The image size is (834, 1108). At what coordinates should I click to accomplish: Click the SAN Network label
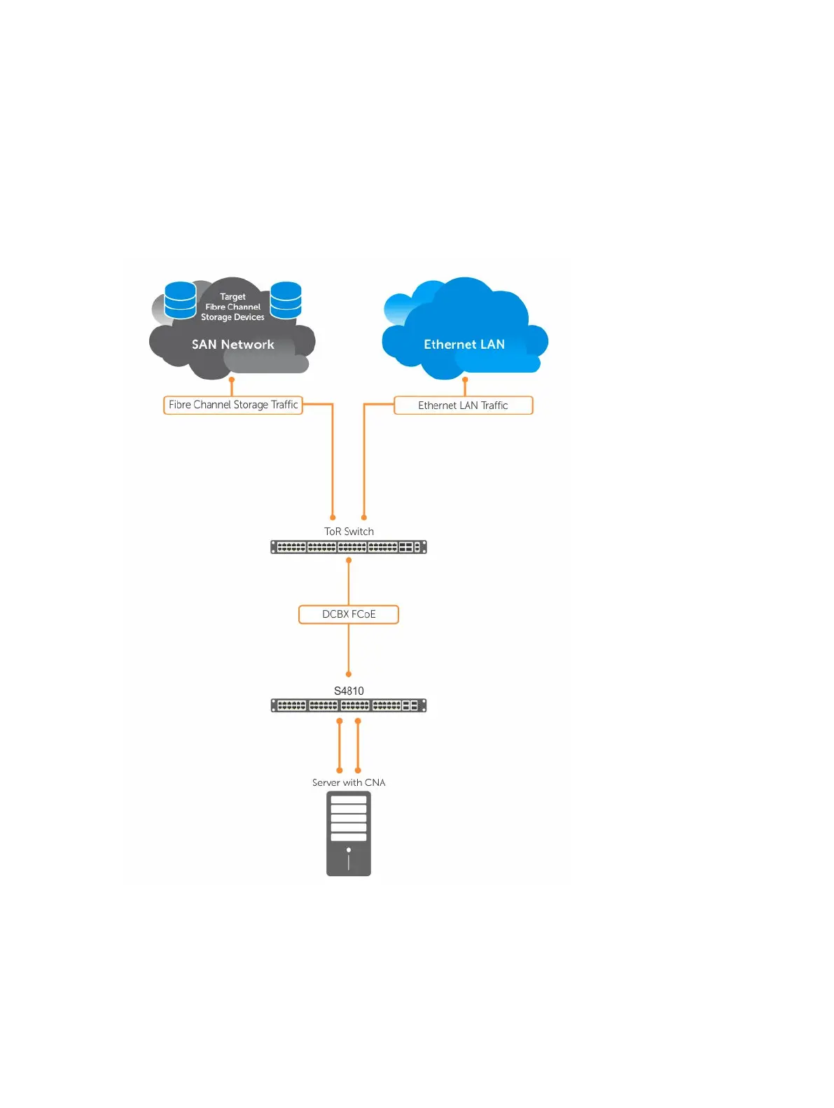point(233,345)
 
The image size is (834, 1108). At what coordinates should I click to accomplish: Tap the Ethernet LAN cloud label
point(464,345)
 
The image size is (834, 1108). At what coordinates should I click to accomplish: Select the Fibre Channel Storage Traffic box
point(233,405)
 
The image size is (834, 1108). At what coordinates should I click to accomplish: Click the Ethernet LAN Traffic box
point(463,406)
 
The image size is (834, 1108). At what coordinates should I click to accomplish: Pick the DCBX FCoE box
point(349,614)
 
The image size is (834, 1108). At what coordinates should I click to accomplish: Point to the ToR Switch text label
point(349,532)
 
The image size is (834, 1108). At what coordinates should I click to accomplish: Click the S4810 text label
point(349,691)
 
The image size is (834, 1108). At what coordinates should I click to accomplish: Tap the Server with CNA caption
point(349,782)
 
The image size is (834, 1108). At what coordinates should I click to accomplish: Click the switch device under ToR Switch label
point(349,547)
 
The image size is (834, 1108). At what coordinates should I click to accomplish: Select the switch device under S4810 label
point(349,705)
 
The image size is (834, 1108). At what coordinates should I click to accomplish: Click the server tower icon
point(349,833)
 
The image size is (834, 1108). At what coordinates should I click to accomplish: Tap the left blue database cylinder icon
point(180,300)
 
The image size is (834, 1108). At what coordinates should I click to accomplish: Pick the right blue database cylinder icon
point(286,300)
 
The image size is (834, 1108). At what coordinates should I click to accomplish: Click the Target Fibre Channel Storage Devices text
point(232,307)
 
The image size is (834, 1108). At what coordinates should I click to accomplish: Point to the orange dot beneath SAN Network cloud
point(232,380)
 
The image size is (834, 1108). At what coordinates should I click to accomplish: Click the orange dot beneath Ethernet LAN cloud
point(465,380)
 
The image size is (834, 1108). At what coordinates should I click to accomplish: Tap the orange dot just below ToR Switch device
point(349,560)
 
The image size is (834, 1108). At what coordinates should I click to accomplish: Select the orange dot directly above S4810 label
point(349,674)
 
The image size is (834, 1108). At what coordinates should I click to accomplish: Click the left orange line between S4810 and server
point(340,746)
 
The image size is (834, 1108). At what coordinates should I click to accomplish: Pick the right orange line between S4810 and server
point(358,746)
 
